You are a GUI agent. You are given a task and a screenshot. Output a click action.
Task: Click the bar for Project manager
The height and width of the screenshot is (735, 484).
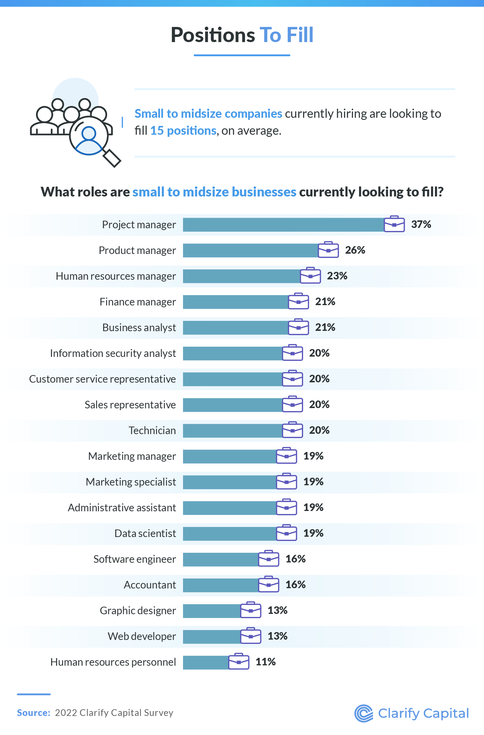pos(283,225)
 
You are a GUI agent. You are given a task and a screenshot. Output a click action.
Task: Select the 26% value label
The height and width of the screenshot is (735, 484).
pos(355,250)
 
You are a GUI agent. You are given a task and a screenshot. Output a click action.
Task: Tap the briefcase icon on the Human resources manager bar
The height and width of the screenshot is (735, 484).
pos(310,275)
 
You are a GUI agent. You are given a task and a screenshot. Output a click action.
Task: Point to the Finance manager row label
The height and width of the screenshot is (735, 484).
pos(138,302)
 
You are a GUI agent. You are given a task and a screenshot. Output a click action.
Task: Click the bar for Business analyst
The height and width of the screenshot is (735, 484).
pos(236,328)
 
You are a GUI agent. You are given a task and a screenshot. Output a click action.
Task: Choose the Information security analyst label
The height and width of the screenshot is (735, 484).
pos(113,353)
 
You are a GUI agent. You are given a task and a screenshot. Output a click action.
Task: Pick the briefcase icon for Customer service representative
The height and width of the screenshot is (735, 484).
pos(292,379)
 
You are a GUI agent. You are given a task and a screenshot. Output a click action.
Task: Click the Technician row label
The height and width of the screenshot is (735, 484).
pos(152,430)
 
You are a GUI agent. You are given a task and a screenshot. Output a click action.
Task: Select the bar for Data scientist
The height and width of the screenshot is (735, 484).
pos(230,534)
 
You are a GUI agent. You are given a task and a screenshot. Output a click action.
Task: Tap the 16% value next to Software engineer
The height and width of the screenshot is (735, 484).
pos(296,559)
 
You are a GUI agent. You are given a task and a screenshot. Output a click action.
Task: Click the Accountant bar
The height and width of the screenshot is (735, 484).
pos(221,585)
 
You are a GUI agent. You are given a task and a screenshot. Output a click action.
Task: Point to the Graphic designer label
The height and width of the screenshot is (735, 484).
pos(138,611)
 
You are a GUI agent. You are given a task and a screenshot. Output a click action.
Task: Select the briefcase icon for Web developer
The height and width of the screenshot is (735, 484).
pos(251,636)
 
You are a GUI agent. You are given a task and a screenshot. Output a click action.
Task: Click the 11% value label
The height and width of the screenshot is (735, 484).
pos(266,662)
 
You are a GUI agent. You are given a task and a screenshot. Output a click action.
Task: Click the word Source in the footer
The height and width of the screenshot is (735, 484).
pos(33,713)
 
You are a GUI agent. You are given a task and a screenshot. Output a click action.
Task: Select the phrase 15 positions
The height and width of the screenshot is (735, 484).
pos(183,131)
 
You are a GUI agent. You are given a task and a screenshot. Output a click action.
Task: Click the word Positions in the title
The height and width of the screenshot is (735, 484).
pos(213,35)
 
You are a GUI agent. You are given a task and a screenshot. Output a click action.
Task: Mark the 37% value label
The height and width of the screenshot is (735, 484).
pos(421,225)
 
